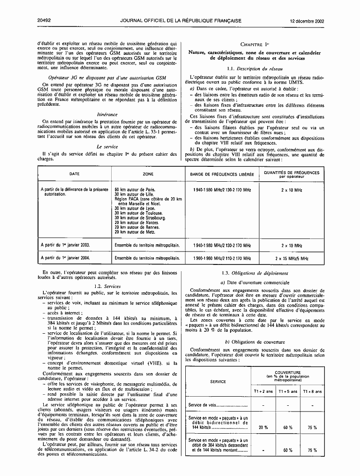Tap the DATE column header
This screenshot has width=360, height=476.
tap(74, 174)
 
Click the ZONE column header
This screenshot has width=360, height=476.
tap(148, 174)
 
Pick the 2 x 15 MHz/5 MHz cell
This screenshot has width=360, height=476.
tap(292, 258)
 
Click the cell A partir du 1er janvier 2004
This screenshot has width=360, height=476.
tap(65, 258)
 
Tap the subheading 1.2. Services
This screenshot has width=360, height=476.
tap(108, 286)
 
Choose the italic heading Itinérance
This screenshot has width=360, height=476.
tap(107, 115)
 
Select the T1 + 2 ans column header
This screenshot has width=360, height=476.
tap(263, 391)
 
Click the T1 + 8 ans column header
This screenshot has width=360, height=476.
tap(312, 391)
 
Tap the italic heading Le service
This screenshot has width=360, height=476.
tap(107, 146)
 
